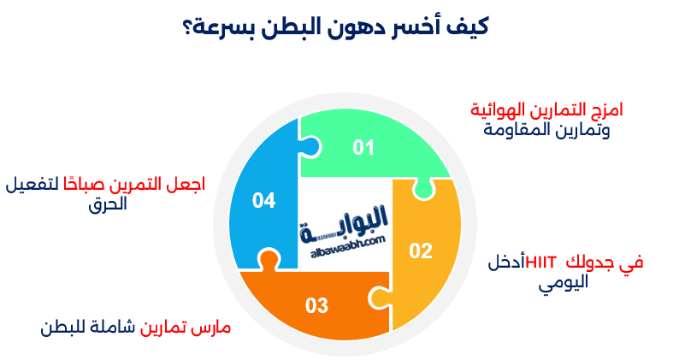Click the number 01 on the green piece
(x=364, y=148)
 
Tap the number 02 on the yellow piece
(x=421, y=251)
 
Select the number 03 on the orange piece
(x=316, y=304)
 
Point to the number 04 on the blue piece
(x=263, y=201)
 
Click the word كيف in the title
(x=470, y=27)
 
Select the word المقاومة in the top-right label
(x=511, y=130)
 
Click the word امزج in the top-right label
(x=604, y=110)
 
